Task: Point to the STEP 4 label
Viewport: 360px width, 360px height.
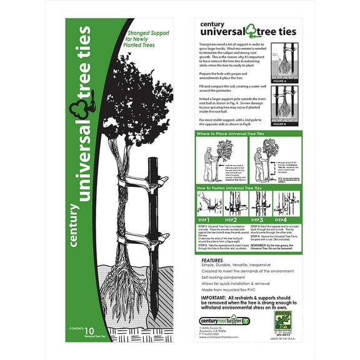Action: point(282,220)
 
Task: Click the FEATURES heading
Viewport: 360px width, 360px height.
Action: point(212,260)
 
